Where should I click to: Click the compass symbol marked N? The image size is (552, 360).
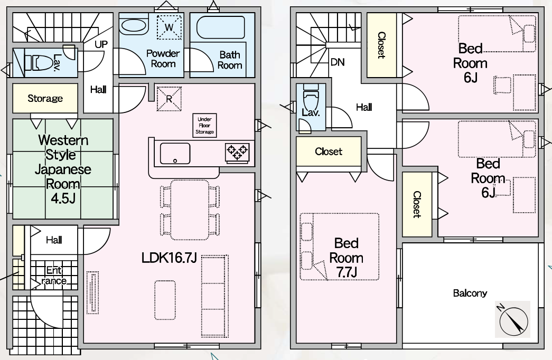pos(512,319)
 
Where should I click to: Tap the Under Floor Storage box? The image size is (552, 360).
pos(204,125)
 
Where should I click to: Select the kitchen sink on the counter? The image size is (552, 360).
pos(175,154)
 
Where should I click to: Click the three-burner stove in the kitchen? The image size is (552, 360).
pos(237,152)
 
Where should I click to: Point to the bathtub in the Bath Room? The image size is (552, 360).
pos(220,27)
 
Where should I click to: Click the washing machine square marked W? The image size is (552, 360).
pos(169,27)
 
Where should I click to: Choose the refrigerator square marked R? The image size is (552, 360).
pos(169,99)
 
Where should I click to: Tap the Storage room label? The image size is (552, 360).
pos(45,98)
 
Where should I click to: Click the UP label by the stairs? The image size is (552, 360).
pos(101,44)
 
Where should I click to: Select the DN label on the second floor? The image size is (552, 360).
pos(338,62)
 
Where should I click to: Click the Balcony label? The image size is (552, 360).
pos(470,293)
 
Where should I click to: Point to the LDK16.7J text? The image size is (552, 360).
pos(169,258)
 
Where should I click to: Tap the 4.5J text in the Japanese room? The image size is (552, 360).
pos(63,198)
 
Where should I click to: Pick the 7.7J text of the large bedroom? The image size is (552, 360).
pos(347,272)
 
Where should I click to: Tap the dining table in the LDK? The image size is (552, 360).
pos(190,210)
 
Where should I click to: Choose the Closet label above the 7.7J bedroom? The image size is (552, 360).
pos(329,151)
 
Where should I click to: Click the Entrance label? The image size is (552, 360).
pos(54,275)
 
